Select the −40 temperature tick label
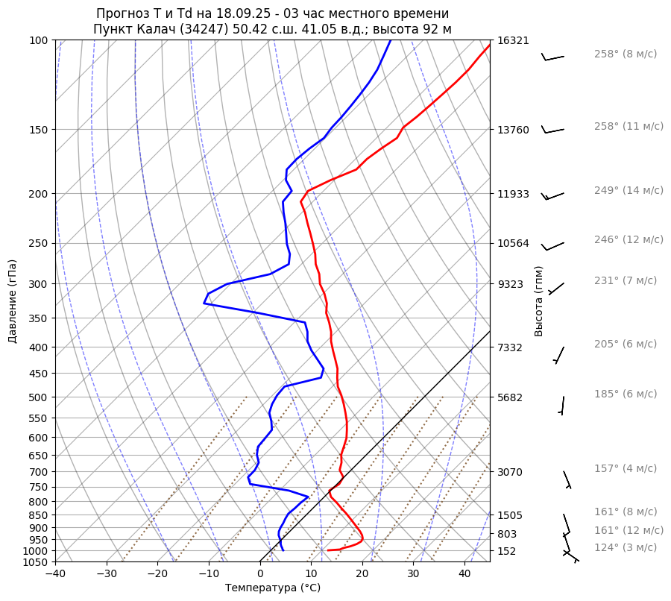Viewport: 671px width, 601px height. coord(55,574)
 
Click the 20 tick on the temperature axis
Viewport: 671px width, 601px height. coord(362,574)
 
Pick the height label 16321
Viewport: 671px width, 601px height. coord(513,40)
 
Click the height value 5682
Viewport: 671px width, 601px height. coord(511,397)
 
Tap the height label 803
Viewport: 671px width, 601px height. coord(508,534)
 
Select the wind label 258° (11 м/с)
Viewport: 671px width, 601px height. coord(629,127)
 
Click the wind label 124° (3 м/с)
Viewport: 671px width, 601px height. coord(626,547)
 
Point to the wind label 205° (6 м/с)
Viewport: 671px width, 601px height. coord(626,344)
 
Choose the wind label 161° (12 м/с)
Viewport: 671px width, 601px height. coord(629,530)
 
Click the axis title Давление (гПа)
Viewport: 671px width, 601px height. coord(13,301)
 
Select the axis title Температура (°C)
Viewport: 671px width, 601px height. coord(273,588)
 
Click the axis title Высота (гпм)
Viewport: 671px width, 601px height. coord(539,301)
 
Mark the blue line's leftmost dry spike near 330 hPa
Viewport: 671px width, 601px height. coord(204,303)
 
